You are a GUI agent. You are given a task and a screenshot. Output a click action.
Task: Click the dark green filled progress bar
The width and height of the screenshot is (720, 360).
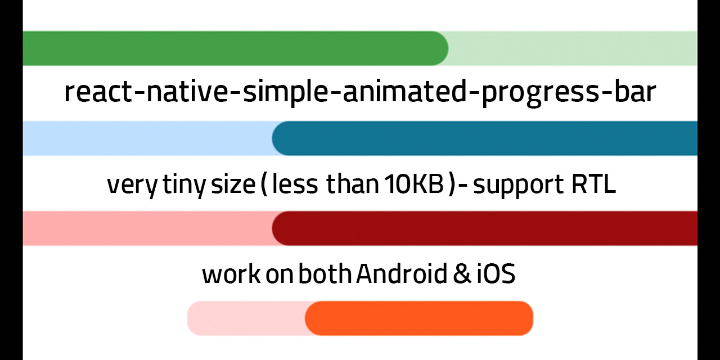(x=235, y=48)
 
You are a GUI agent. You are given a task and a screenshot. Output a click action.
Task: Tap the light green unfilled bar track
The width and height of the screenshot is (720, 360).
(x=572, y=48)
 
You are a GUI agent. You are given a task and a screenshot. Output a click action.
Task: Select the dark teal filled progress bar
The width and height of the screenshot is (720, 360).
(x=485, y=138)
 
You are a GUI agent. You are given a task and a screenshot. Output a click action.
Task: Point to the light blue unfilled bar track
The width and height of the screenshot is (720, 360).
(x=148, y=138)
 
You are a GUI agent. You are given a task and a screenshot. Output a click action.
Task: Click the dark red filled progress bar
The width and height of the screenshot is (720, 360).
(x=485, y=228)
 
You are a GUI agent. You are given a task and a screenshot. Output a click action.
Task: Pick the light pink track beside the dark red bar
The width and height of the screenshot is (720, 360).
(x=148, y=228)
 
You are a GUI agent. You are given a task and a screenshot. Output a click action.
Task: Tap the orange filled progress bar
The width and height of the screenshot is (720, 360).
(x=419, y=318)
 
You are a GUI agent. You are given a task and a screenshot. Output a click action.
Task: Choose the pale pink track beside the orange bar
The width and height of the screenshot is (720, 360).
(x=247, y=318)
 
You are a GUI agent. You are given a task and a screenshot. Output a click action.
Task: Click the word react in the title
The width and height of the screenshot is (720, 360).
(x=98, y=93)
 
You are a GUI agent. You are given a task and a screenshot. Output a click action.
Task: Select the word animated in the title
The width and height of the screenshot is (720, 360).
(x=404, y=92)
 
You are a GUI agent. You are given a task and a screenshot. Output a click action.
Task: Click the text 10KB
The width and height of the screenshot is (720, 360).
(x=414, y=184)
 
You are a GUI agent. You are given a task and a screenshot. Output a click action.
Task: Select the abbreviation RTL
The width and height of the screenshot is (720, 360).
(x=594, y=184)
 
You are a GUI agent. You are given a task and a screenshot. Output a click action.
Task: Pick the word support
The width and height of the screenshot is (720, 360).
(x=518, y=186)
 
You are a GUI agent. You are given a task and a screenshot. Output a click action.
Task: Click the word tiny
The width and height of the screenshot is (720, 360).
(x=184, y=186)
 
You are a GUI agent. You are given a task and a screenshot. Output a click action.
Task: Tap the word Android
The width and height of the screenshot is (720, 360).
(x=402, y=273)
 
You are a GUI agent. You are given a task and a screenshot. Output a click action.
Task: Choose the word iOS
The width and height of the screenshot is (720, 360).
(x=496, y=274)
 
